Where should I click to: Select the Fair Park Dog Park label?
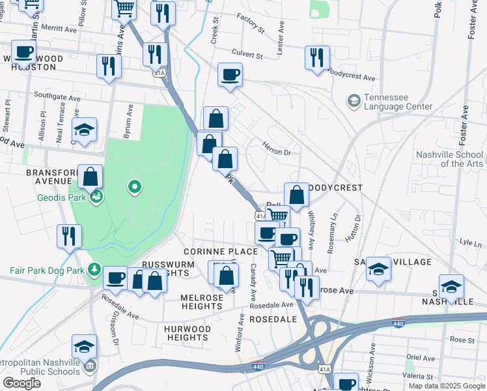click(x=47, y=270)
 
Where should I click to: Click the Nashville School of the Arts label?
click(x=449, y=159)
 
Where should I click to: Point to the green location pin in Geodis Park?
click(x=135, y=188)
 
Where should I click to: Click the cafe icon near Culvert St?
click(x=230, y=75)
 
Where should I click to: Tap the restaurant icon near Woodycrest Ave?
click(x=317, y=57)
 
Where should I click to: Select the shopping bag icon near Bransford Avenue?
click(x=90, y=176)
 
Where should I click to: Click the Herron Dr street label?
click(x=277, y=149)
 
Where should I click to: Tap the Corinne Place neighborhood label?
click(x=212, y=252)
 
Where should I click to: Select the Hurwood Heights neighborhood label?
click(x=188, y=333)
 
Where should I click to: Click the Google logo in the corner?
click(x=21, y=383)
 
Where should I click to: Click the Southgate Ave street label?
click(x=57, y=96)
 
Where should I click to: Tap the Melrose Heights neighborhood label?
click(x=193, y=302)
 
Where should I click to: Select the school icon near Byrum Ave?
click(x=84, y=130)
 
